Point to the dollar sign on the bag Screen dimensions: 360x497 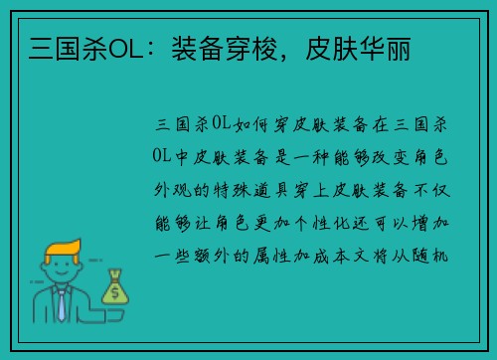tap(114, 292)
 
